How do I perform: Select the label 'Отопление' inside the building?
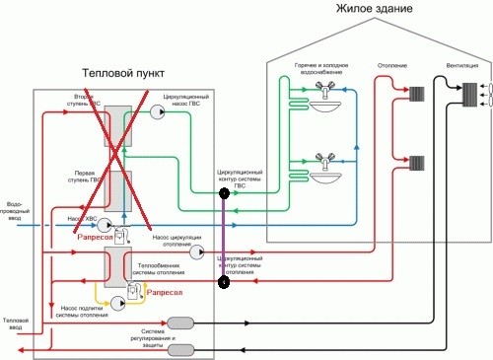[x=393, y=66]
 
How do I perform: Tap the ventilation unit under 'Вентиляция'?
[x=471, y=94]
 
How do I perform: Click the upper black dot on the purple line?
[x=224, y=194]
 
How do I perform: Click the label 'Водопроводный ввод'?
[x=14, y=203]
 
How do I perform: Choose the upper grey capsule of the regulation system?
[x=180, y=323]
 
